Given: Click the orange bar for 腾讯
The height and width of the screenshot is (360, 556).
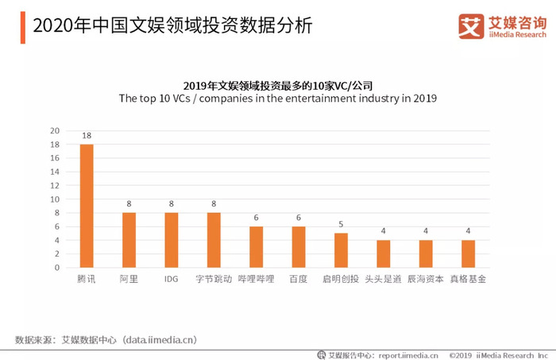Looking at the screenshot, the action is pyautogui.click(x=87, y=206).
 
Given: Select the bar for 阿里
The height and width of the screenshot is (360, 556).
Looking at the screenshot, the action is pyautogui.click(x=129, y=240).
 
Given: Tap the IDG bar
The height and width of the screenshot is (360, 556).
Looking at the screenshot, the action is pyautogui.click(x=172, y=240).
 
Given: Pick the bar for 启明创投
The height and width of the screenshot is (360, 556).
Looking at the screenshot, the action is pyautogui.click(x=341, y=250).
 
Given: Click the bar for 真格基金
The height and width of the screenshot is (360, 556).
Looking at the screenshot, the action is pyautogui.click(x=468, y=254).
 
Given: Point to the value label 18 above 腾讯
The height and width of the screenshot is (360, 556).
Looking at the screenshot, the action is pyautogui.click(x=87, y=135).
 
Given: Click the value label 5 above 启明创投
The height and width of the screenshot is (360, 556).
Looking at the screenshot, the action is pyautogui.click(x=341, y=224).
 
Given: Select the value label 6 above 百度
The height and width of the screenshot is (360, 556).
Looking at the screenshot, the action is pyautogui.click(x=299, y=218).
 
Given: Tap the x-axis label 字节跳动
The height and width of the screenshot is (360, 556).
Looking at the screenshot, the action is pyautogui.click(x=214, y=279).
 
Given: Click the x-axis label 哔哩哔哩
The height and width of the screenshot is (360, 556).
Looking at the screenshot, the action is pyautogui.click(x=256, y=279).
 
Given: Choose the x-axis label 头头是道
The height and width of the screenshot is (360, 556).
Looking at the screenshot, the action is pyautogui.click(x=384, y=279).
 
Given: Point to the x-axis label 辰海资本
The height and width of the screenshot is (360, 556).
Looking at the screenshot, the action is pyautogui.click(x=426, y=279).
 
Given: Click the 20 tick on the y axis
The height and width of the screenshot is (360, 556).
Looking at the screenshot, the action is pyautogui.click(x=55, y=131).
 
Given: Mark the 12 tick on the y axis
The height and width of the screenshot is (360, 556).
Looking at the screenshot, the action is pyautogui.click(x=55, y=185).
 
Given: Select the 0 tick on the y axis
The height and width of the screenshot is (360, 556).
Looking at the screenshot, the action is pyautogui.click(x=57, y=268).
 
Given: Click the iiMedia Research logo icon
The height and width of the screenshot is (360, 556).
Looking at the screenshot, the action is pyautogui.click(x=471, y=26).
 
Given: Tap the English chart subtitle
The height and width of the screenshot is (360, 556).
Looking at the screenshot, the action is pyautogui.click(x=278, y=99).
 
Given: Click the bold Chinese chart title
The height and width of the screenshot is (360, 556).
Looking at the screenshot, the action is pyautogui.click(x=278, y=86).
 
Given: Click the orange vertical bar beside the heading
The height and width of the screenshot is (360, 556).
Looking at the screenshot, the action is pyautogui.click(x=23, y=27).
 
